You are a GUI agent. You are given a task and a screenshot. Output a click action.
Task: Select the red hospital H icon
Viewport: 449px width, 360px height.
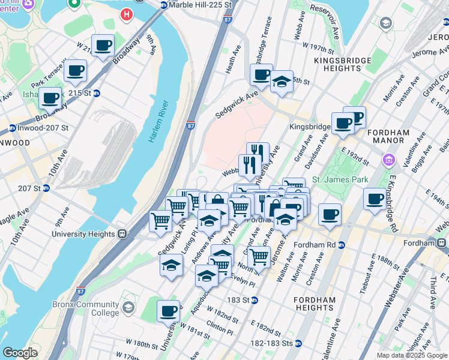(127, 13)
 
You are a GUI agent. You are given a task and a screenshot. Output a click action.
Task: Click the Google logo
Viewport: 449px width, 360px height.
(20, 353)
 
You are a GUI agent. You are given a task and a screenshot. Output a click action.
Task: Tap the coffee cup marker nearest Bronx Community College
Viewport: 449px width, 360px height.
(169, 311)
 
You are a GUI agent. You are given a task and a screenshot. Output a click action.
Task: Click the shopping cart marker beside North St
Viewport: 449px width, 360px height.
(259, 256)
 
